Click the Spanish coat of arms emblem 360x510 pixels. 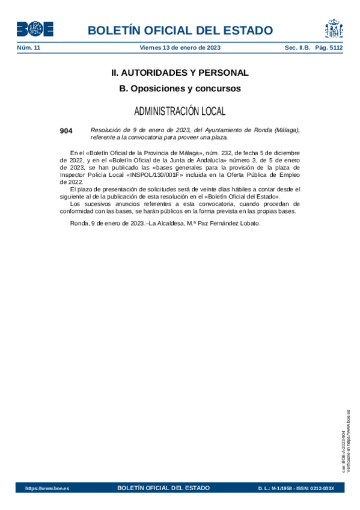coord(334,29)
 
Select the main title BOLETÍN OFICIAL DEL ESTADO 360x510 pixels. coord(180,31)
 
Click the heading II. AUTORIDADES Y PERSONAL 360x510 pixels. coord(180,73)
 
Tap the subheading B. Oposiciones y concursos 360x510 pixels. coord(180,88)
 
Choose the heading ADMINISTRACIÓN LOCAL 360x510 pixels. coord(180,111)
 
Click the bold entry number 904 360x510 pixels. coord(66,131)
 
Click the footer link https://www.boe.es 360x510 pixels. coord(47,488)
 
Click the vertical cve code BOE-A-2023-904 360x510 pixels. coord(343,445)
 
